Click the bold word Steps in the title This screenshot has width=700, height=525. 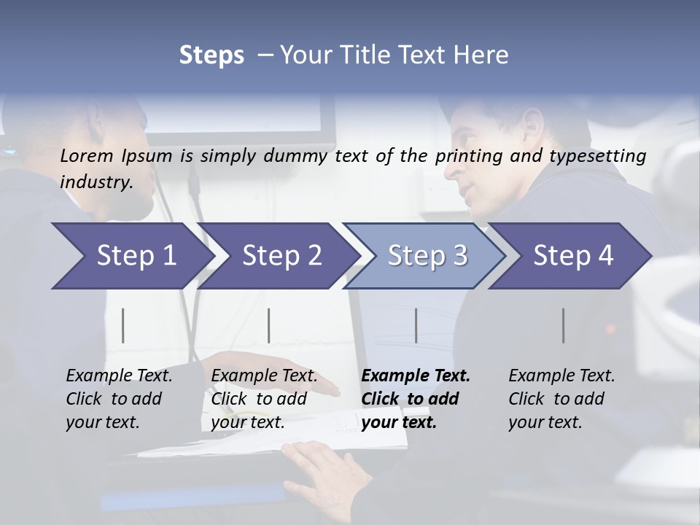click(x=211, y=55)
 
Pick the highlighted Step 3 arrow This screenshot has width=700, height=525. click(x=427, y=256)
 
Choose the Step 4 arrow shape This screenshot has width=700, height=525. click(x=573, y=256)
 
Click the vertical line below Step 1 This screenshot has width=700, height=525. click(x=123, y=325)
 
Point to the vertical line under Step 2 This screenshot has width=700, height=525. click(x=269, y=325)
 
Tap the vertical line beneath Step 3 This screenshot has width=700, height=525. click(x=416, y=325)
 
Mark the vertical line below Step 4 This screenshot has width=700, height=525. click(x=563, y=325)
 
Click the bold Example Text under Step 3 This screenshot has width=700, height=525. click(x=416, y=376)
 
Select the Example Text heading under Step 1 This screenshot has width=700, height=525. click(x=119, y=376)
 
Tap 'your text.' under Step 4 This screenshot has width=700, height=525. click(x=545, y=422)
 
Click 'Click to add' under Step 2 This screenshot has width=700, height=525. click(x=258, y=399)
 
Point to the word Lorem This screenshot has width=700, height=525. click(x=87, y=155)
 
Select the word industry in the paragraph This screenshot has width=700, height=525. click(x=96, y=182)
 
